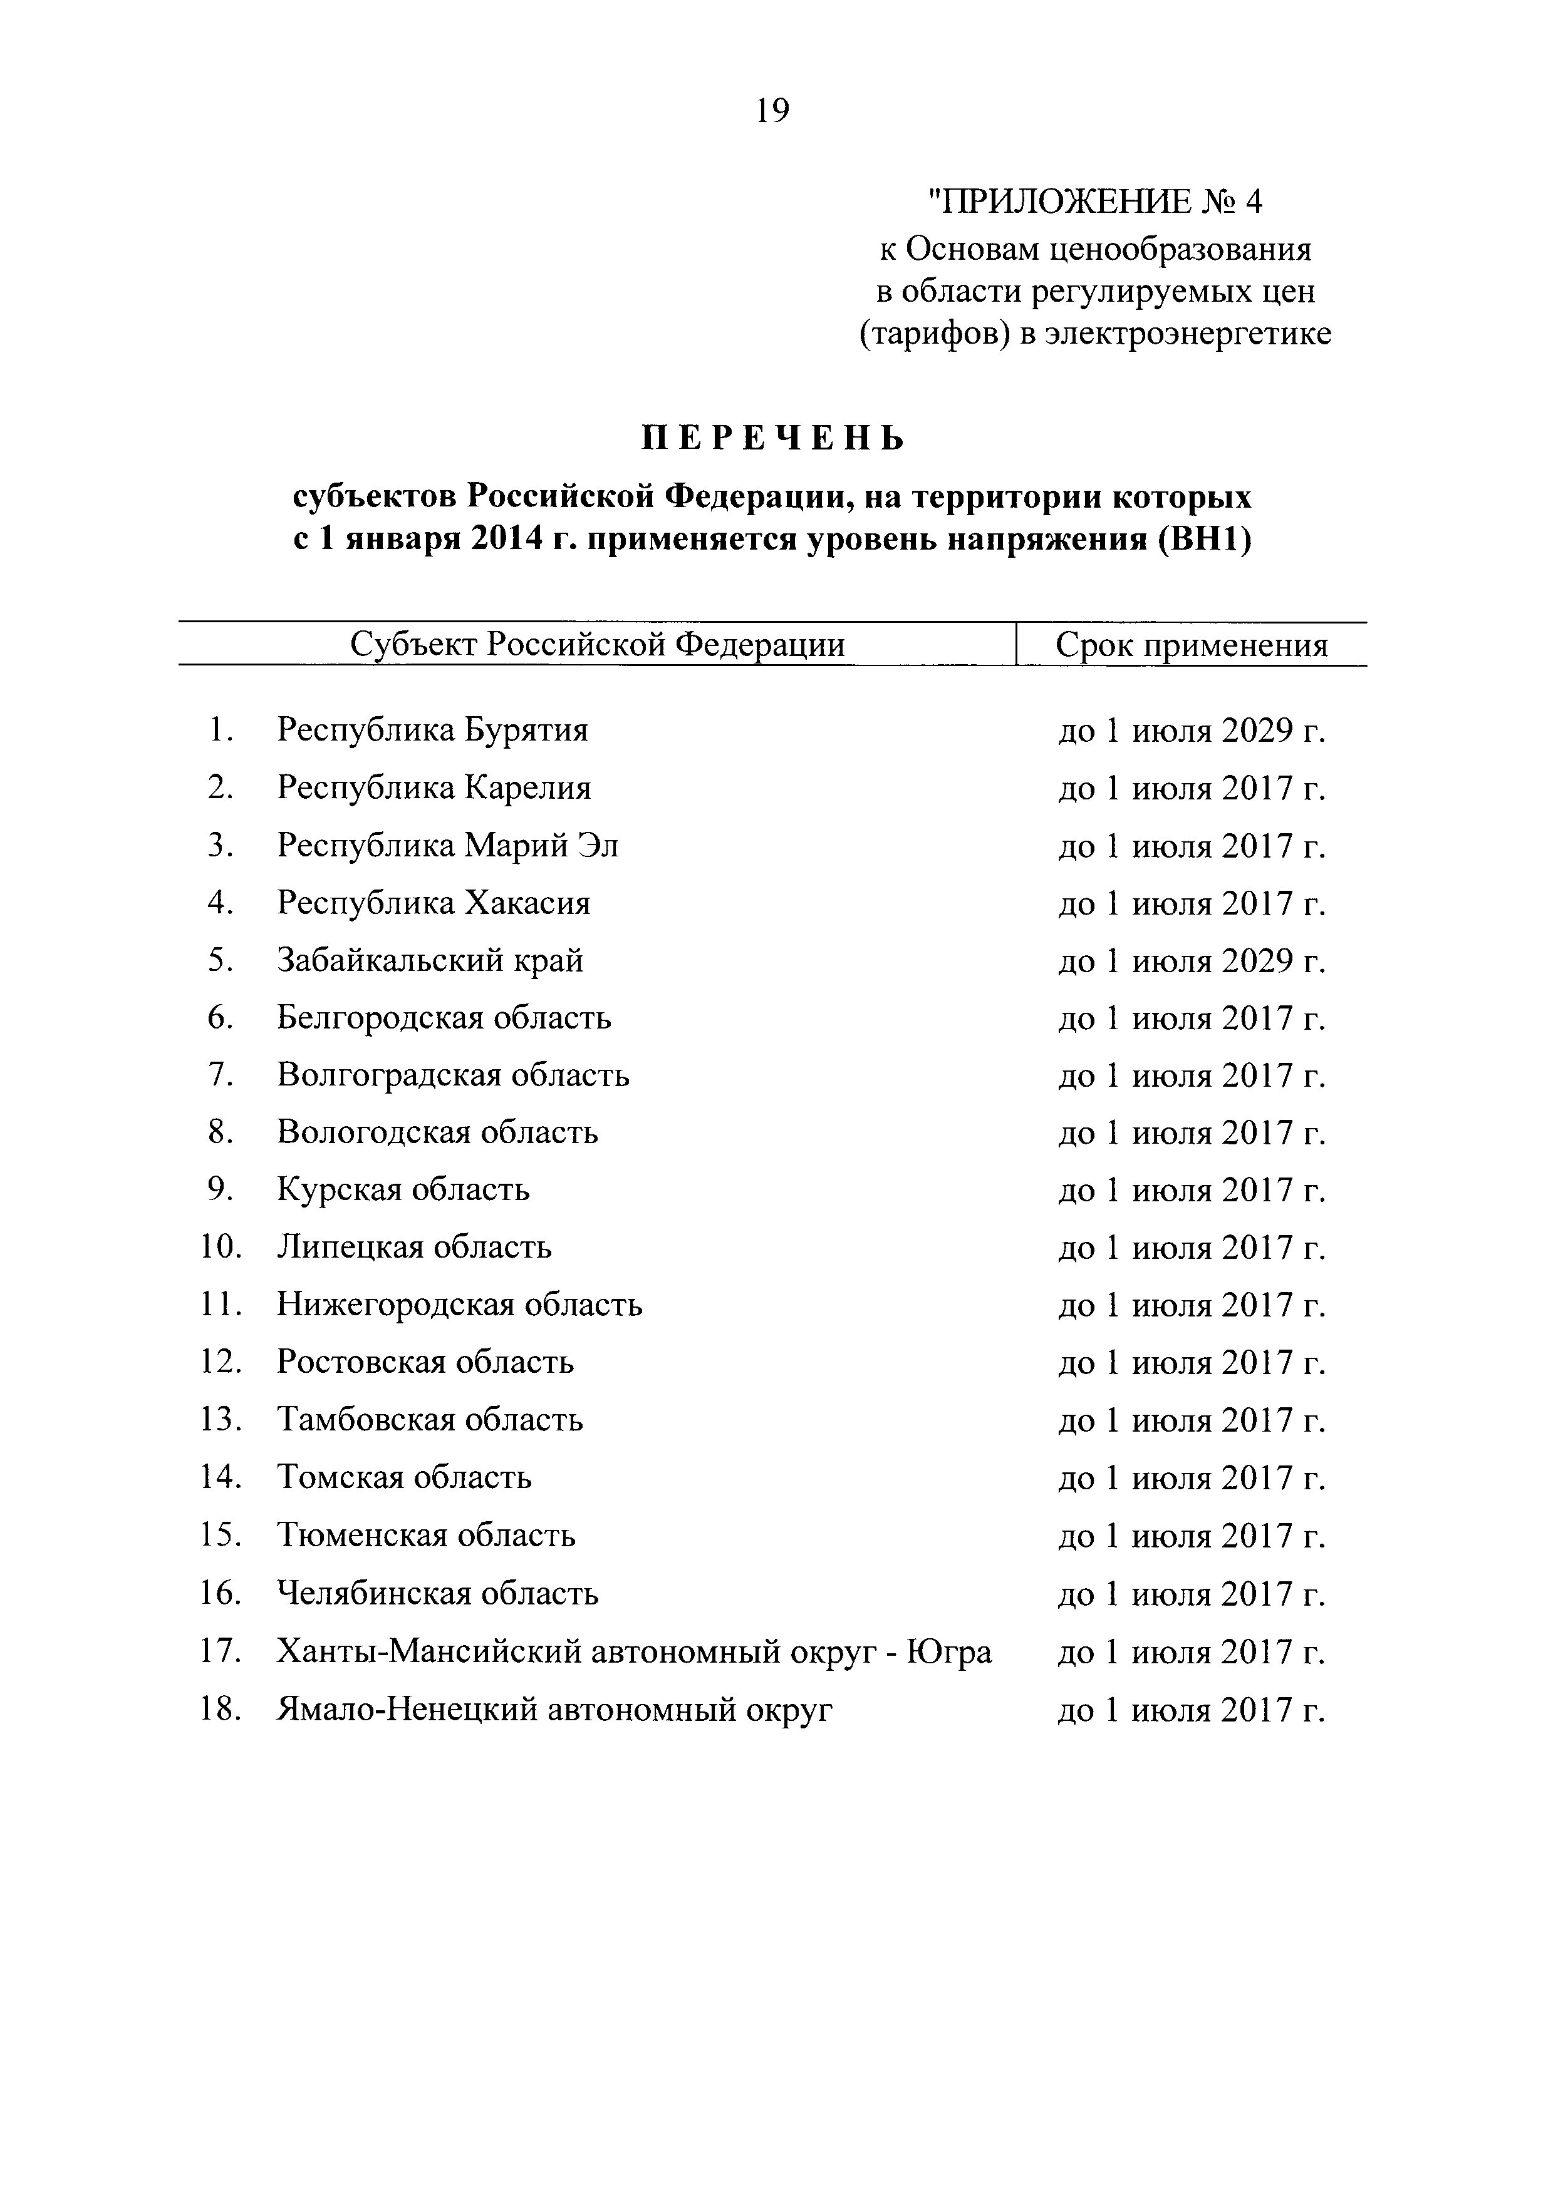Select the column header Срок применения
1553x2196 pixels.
pyautogui.click(x=1192, y=645)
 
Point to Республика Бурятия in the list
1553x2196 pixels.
pyautogui.click(x=432, y=731)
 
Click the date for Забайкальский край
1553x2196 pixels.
pyautogui.click(x=1192, y=962)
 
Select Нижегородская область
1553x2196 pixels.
pyautogui.click(x=459, y=1306)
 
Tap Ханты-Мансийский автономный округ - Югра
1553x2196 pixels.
pyautogui.click(x=633, y=1652)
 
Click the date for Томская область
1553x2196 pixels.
pyautogui.click(x=1192, y=1479)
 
